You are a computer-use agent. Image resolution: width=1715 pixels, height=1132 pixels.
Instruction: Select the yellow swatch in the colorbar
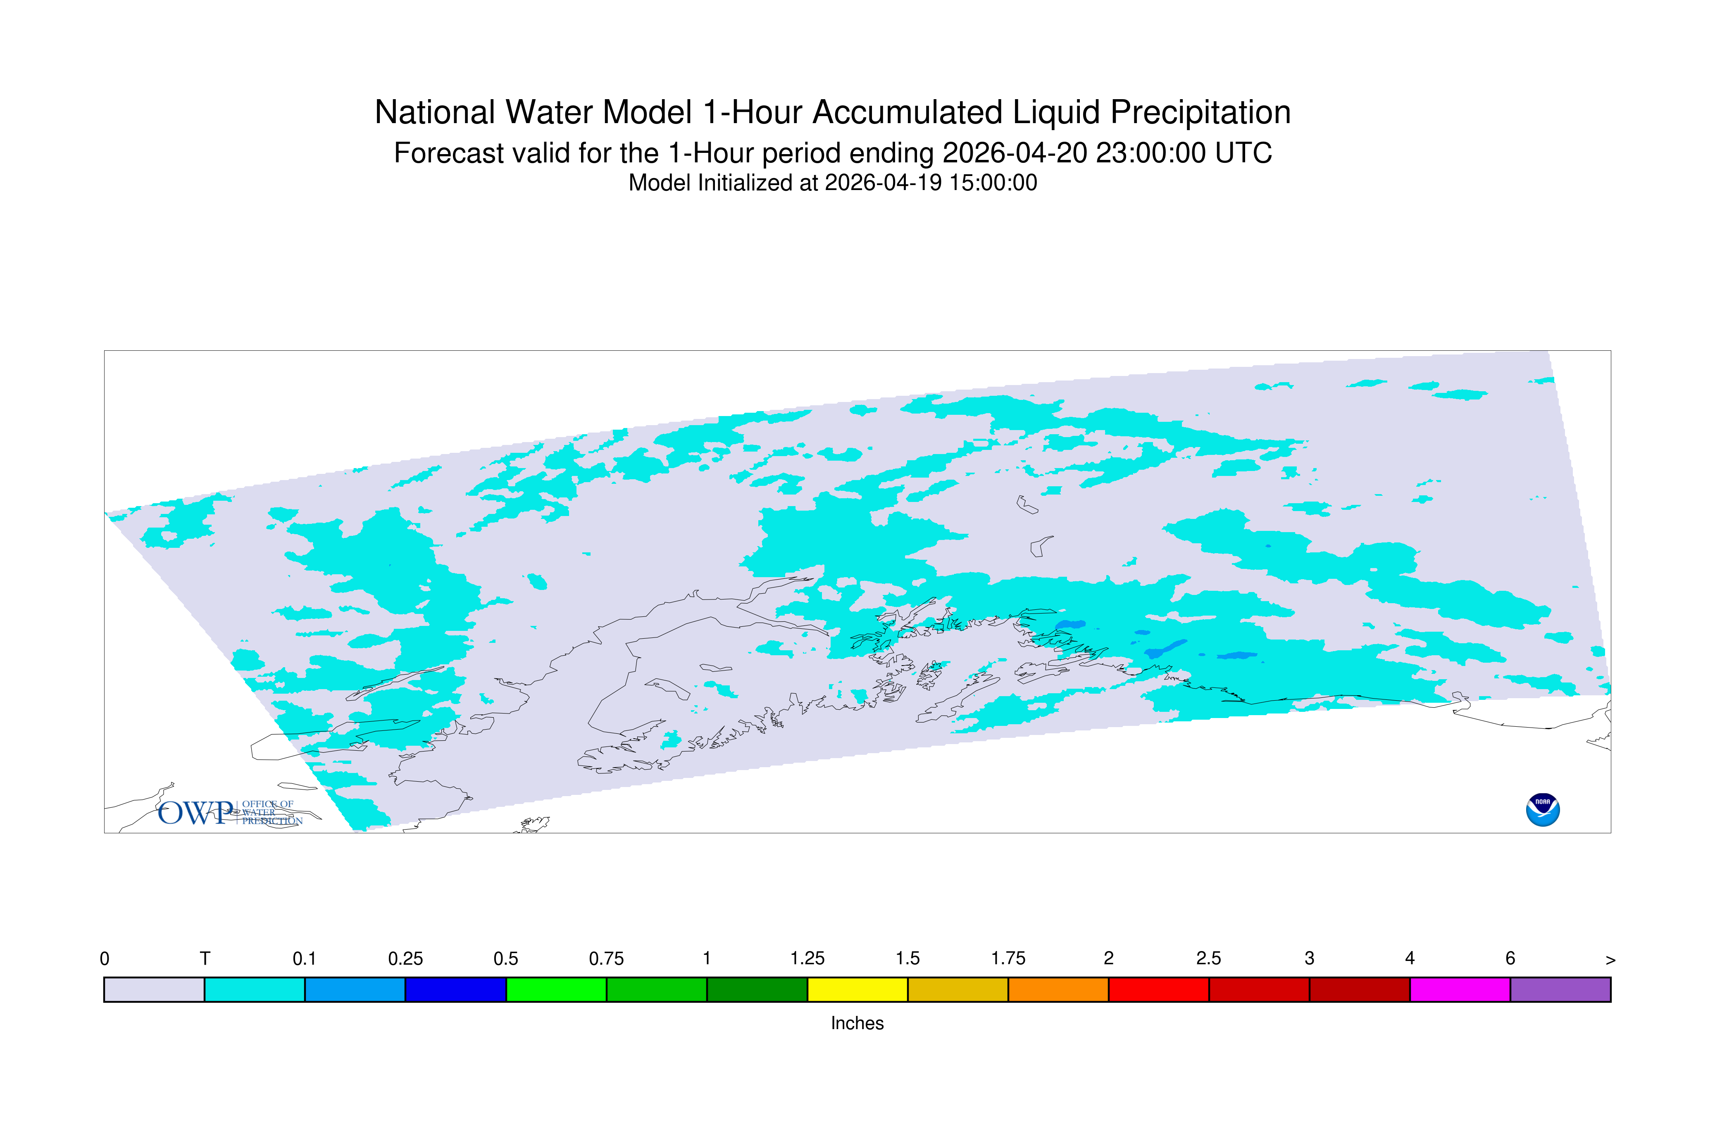857,990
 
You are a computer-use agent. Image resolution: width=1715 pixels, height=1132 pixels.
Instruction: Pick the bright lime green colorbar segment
556,990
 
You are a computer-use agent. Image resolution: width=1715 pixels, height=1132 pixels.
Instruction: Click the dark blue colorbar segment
456,990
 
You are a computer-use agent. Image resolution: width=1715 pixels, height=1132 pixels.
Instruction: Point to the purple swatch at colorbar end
1560,990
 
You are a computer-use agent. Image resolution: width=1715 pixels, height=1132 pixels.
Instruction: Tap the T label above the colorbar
205,959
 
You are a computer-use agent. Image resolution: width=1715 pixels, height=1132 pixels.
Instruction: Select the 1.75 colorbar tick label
1008,959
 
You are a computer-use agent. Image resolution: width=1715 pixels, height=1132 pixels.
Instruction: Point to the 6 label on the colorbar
1510,959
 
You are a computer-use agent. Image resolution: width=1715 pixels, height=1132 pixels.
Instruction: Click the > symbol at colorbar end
1610,960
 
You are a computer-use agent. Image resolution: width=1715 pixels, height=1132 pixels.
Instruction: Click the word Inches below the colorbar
857,1023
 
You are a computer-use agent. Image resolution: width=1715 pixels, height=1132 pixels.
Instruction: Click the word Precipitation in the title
1200,113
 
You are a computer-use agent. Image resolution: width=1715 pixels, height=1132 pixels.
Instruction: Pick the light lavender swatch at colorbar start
155,990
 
